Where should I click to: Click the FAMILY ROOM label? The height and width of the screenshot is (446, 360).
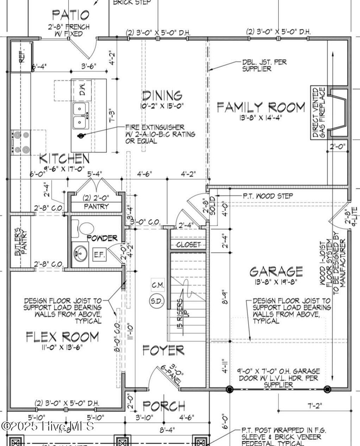point(261,107)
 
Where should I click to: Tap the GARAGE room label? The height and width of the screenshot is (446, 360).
point(276,271)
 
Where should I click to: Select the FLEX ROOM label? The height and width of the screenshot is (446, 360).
point(63,337)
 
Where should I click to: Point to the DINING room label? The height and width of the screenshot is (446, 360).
point(162,95)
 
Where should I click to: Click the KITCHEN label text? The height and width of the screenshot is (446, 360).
point(64,158)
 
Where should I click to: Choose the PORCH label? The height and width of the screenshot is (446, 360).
point(164,406)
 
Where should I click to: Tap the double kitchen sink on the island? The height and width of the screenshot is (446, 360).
point(81,116)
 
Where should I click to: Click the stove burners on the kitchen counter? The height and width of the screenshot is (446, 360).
point(20,142)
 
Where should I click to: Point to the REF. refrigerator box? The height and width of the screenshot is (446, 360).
point(22,57)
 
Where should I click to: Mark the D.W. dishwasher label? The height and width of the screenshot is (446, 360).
point(82,90)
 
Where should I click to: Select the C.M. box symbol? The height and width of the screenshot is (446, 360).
point(158,285)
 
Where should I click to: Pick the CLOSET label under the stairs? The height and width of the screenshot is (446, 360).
point(188,244)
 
